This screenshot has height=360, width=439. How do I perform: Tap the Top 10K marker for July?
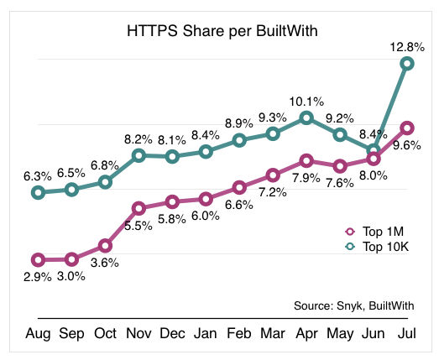pos(407,64)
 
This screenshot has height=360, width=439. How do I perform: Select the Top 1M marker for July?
pos(407,128)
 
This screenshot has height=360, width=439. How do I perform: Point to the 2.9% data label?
pos(38,277)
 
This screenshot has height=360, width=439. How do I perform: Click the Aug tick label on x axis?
pos(38,334)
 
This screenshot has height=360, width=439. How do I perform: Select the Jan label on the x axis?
pos(206,334)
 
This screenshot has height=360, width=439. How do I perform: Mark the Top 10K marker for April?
pos(306,117)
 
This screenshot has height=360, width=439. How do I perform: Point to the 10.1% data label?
pos(306,101)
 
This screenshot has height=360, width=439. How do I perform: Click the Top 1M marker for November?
pos(138,207)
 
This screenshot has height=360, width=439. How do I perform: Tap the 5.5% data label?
pos(138,226)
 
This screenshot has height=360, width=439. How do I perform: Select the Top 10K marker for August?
pos(38,192)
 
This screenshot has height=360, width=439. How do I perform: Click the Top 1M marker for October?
pos(105,245)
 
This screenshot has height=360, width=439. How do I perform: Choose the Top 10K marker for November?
pos(138,155)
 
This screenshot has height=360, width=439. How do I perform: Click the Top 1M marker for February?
pos(239,187)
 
